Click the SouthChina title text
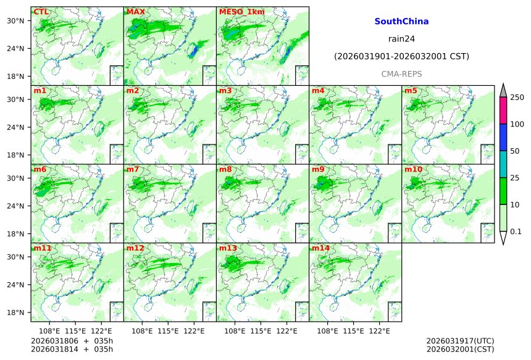(401, 22)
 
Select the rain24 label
(401, 39)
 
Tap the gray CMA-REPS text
(401, 74)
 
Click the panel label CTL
(41, 12)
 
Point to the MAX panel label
(135, 12)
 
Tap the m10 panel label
(413, 169)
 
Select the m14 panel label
(320, 248)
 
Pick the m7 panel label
(133, 169)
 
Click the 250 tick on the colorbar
(517, 98)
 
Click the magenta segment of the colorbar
(503, 111)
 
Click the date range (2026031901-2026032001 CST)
(401, 56)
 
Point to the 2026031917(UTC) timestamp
(460, 341)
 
